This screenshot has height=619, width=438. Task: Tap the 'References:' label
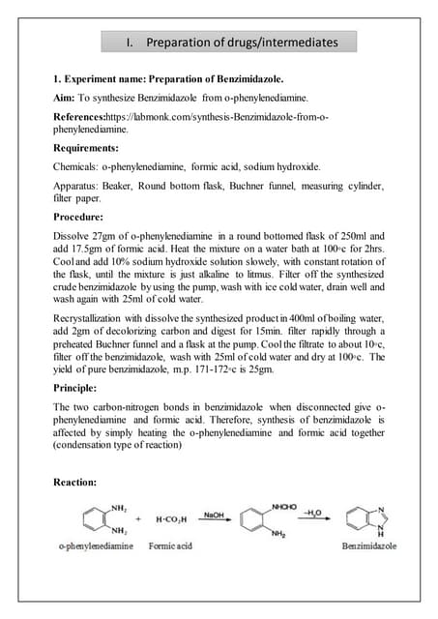point(84,116)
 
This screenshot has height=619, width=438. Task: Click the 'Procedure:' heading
point(78,217)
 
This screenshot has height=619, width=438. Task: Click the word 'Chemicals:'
point(75,166)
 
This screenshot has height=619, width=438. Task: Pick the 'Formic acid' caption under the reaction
point(170,547)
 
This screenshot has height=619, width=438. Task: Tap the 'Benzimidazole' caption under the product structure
point(369,547)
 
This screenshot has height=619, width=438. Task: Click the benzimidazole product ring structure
point(367,521)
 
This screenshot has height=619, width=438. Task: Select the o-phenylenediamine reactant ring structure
point(97,520)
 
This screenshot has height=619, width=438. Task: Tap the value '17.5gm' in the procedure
point(89,250)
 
